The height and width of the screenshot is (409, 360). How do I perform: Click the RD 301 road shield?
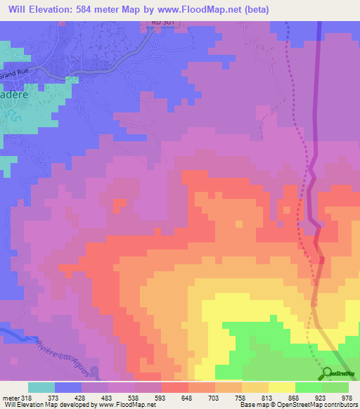(x=162, y=23)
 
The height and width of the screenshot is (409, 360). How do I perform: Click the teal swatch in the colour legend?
(x=41, y=387)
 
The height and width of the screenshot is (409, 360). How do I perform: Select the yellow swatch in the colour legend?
(x=281, y=387)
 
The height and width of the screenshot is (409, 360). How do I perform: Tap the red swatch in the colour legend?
(x=174, y=387)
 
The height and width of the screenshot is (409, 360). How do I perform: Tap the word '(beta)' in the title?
(x=255, y=9)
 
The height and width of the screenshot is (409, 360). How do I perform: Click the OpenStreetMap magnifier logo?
(x=327, y=374)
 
